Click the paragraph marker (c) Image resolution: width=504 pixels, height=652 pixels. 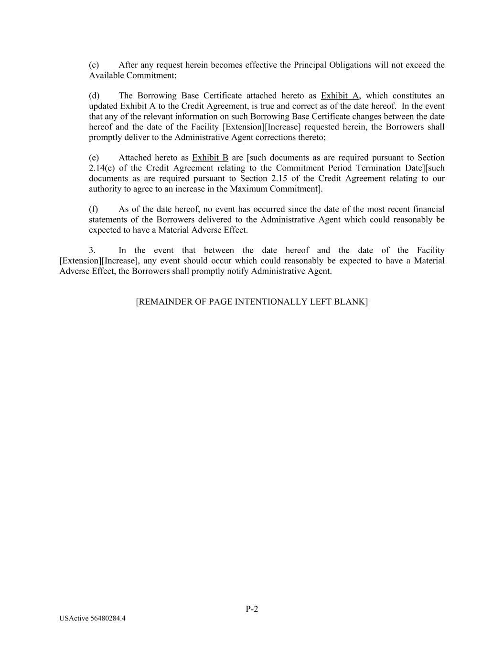tap(94, 65)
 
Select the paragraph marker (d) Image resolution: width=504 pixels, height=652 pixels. tap(94, 96)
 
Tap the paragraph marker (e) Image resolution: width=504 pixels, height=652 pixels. tap(94, 158)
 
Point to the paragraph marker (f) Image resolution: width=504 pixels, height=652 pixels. tap(93, 210)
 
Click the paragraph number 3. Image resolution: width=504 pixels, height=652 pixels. tap(92, 251)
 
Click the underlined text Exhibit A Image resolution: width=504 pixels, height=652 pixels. tap(340, 96)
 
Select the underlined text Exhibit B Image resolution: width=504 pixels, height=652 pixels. tap(210, 158)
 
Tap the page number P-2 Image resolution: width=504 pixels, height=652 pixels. tap(252, 609)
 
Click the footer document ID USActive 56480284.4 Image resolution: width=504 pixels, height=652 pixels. tap(93, 619)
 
